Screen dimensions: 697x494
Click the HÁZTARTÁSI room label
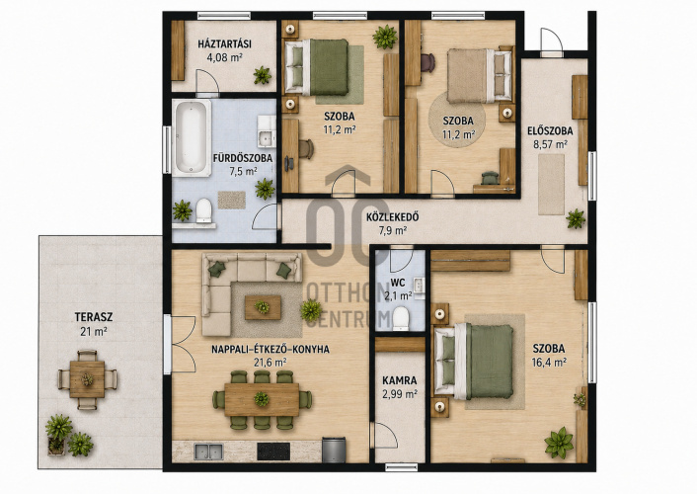tap(224, 44)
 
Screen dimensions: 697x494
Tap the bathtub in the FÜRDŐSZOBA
tap(192, 138)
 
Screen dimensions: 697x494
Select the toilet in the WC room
tap(401, 319)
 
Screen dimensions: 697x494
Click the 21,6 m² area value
tap(270, 363)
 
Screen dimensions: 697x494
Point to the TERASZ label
tap(94, 317)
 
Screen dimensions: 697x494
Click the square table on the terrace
tap(87, 379)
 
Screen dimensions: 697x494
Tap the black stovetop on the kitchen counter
tap(273, 452)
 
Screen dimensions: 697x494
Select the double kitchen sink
tap(208, 452)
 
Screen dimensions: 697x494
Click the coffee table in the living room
tap(263, 307)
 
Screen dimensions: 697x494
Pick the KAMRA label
tap(400, 381)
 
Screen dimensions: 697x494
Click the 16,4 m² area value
tap(549, 363)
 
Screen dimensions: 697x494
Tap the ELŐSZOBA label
tap(550, 131)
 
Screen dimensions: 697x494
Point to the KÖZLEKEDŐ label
tap(393, 217)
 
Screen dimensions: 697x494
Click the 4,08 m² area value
tap(224, 57)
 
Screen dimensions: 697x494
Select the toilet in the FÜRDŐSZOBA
tap(204, 210)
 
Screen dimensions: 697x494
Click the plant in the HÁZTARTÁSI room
tap(263, 75)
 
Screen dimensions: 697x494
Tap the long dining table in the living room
tap(262, 399)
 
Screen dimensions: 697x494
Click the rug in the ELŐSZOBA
tap(551, 184)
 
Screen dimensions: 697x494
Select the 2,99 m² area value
tap(400, 394)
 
